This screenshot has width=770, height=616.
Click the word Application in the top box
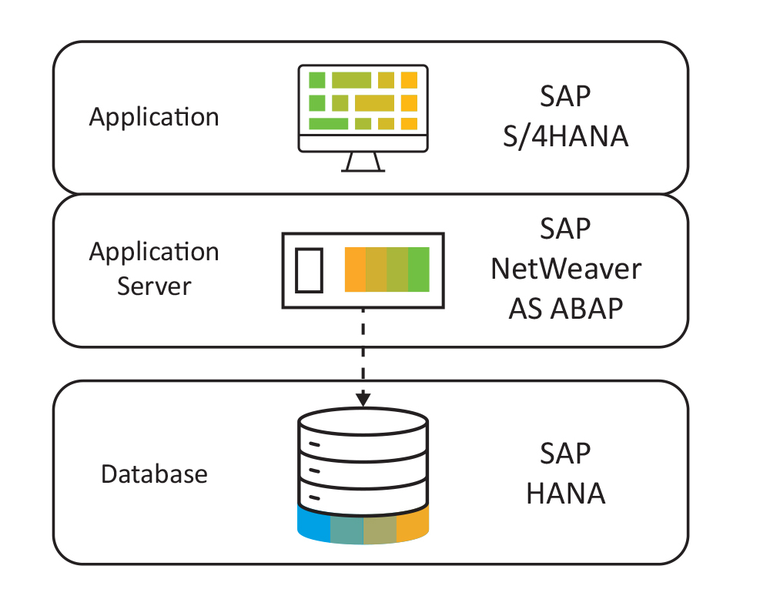click(154, 117)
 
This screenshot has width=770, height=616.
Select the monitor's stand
click(363, 162)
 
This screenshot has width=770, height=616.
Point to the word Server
click(154, 286)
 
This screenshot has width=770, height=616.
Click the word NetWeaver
click(566, 269)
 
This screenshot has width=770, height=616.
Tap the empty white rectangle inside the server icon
click(310, 269)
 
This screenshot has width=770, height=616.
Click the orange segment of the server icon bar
click(355, 269)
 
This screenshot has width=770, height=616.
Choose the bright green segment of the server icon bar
click(418, 269)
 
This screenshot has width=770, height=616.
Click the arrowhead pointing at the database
click(363, 400)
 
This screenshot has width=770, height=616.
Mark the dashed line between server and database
click(363, 350)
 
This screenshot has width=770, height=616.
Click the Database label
click(154, 474)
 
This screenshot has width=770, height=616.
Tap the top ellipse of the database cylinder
click(363, 421)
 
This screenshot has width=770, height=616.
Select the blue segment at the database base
click(313, 526)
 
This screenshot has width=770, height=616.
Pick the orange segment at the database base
click(412, 526)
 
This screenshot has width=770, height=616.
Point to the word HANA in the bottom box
click(566, 494)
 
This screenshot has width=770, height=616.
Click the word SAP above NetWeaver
click(566, 229)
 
